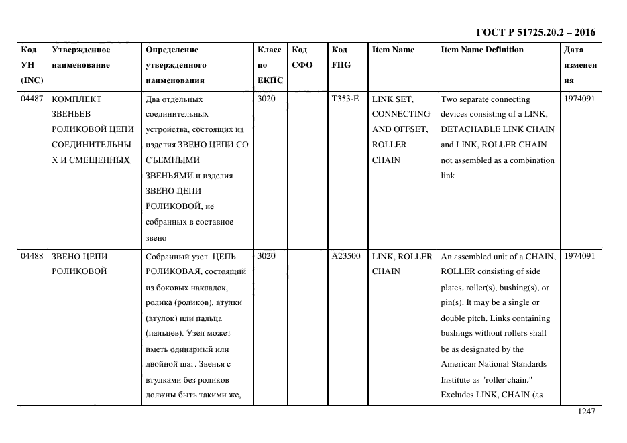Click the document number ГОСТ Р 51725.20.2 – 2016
point(535,32)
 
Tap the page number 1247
point(586,412)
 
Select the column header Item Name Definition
point(482,50)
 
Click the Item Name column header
point(393,50)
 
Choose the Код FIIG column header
point(341,57)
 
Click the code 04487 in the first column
point(32,99)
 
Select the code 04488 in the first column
point(32,256)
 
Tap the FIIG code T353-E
point(345,99)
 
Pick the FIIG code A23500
point(346,256)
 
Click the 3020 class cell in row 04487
point(266,99)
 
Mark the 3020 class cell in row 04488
point(266,256)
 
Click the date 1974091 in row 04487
point(579,99)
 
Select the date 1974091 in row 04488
point(579,256)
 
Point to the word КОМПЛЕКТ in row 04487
point(76,99)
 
